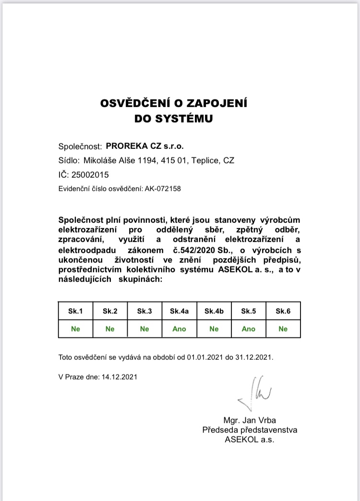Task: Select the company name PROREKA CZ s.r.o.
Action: pos(144,146)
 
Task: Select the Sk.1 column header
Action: pos(75,311)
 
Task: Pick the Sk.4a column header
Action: pos(179,311)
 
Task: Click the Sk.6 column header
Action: pos(283,311)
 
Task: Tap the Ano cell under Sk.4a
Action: pos(179,329)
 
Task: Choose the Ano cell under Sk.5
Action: pos(248,329)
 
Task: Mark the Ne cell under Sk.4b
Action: pos(214,329)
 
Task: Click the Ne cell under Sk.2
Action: pos(110,329)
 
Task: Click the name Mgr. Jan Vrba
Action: pos(250,421)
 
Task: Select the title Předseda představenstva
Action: pos(250,430)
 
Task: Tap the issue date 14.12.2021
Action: pos(120,377)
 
